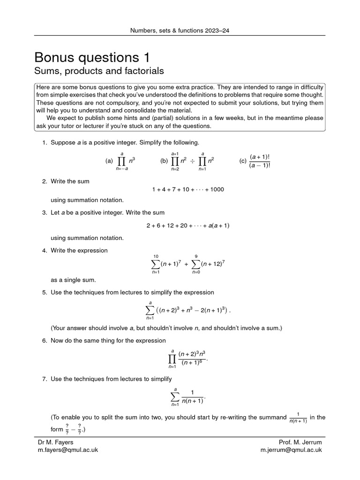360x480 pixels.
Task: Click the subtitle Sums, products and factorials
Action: click(x=99, y=71)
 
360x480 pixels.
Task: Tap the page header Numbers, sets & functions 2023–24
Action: click(x=180, y=31)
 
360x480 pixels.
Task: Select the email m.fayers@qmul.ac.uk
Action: click(x=68, y=450)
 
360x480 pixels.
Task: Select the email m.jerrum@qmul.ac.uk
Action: click(x=291, y=450)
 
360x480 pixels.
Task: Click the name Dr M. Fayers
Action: click(x=56, y=442)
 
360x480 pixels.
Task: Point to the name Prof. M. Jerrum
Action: click(x=300, y=442)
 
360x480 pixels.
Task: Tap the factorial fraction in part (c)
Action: click(x=260, y=160)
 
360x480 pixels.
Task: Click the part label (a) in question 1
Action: click(x=110, y=161)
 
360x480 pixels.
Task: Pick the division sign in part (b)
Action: click(x=192, y=161)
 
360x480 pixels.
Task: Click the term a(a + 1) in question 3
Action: click(x=218, y=225)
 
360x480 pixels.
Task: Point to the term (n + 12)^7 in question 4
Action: click(x=213, y=264)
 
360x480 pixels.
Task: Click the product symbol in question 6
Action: click(x=172, y=360)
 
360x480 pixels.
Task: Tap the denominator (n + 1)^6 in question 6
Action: click(x=192, y=364)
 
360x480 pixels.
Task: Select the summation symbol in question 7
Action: click(x=175, y=396)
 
